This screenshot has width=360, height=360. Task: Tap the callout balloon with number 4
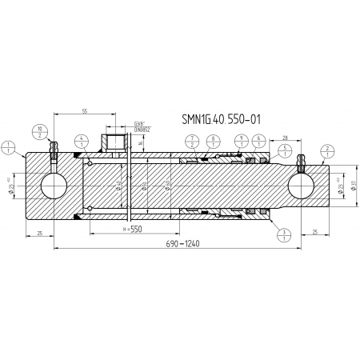click(82, 143)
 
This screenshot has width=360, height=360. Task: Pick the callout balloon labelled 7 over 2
click(193, 143)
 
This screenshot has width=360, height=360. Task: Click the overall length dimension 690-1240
click(182, 243)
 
